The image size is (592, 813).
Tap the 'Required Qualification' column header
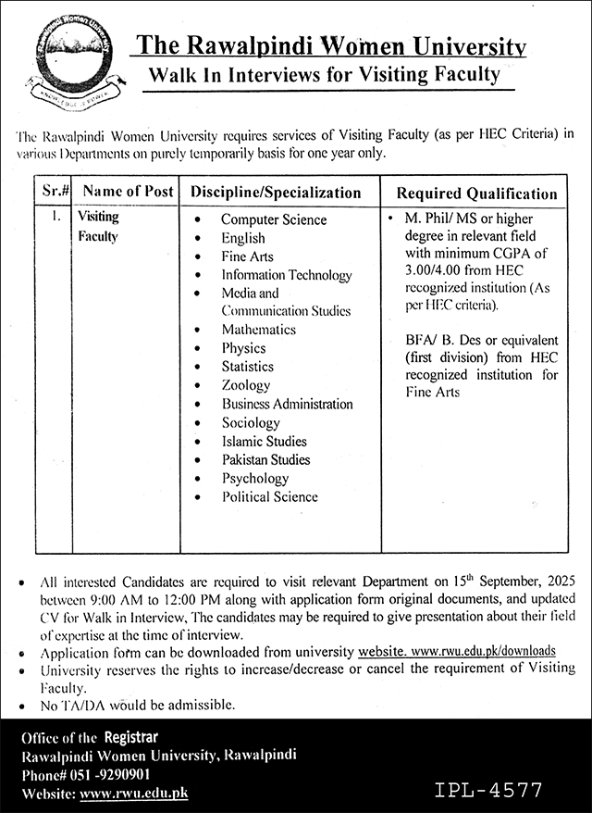click(476, 194)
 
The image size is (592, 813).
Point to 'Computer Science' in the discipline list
click(273, 219)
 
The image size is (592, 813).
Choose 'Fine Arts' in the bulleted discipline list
click(247, 256)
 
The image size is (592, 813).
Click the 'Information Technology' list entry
click(286, 275)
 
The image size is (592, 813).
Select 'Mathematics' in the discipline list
click(258, 330)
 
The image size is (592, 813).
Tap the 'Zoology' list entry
click(245, 385)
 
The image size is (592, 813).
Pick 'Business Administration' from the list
click(287, 404)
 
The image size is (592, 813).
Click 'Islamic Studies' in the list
click(264, 441)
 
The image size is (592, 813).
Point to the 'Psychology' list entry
click(254, 478)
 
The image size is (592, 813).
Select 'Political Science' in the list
click(269, 496)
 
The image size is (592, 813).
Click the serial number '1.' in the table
click(56, 219)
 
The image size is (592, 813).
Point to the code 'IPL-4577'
click(487, 790)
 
